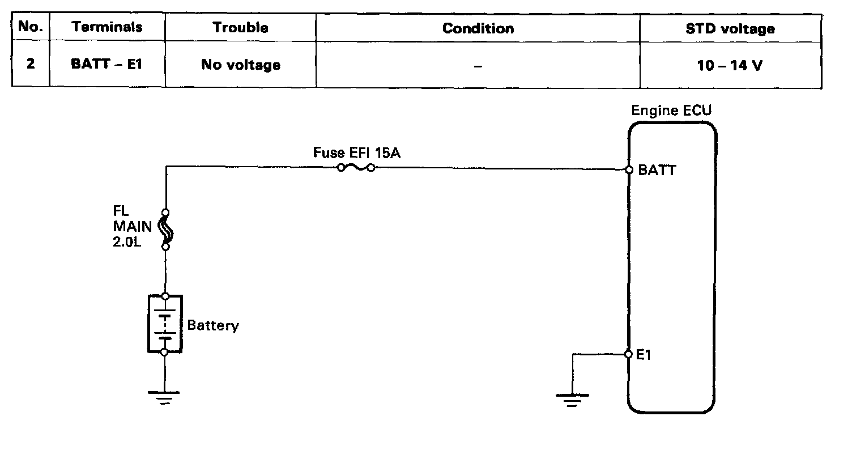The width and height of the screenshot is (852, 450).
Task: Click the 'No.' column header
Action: [31, 27]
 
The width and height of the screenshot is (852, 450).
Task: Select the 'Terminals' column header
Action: [107, 27]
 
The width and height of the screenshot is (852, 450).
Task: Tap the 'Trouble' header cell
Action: [240, 27]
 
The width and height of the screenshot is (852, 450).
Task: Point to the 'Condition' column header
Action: [478, 28]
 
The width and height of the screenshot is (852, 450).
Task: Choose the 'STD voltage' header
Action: [730, 28]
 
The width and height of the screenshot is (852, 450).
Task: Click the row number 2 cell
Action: [31, 64]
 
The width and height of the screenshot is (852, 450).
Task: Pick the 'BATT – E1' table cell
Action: [107, 64]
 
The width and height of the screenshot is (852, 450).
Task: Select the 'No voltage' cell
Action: [240, 65]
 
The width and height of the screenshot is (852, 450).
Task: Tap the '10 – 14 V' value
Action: [730, 65]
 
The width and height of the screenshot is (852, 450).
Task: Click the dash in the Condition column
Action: [478, 66]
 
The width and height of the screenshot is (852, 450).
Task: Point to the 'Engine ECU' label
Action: [671, 111]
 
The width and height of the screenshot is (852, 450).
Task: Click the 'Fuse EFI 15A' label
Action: [356, 153]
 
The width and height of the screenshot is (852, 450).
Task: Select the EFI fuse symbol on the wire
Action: [356, 168]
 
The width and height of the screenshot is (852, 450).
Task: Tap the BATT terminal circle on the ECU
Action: [629, 169]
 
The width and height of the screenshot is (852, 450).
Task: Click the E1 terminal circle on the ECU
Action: [628, 354]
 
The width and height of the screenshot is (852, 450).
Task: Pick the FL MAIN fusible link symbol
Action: [165, 230]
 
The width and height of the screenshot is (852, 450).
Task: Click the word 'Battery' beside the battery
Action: [213, 326]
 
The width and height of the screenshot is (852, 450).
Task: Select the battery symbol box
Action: [165, 324]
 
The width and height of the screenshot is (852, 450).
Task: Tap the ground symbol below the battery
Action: [165, 397]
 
